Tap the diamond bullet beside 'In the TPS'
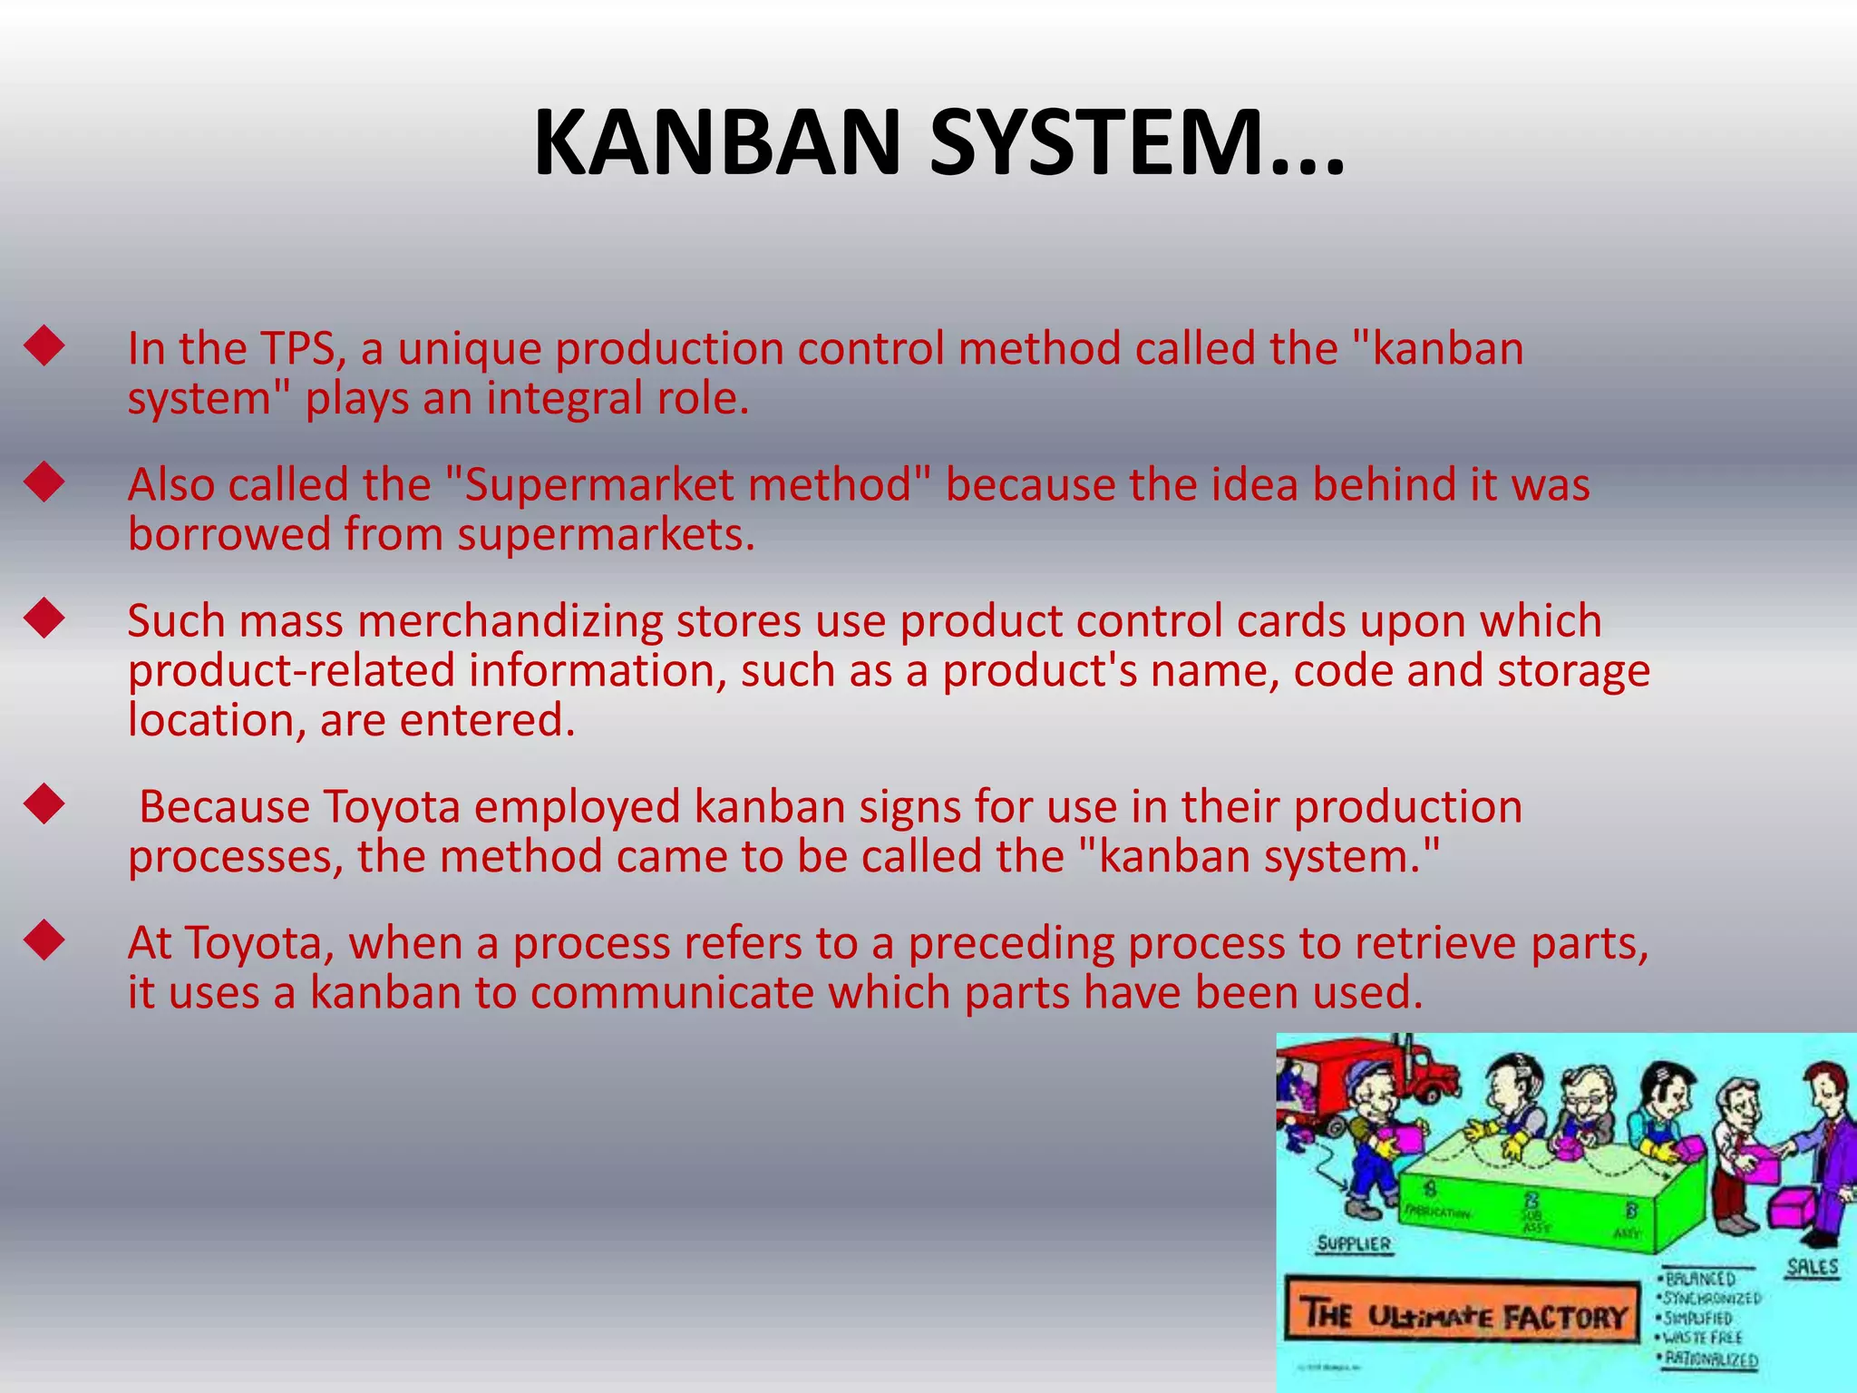coord(44,347)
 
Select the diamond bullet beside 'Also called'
coord(44,483)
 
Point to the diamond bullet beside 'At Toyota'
coord(44,941)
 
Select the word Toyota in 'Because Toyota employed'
coord(392,807)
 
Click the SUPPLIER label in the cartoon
coord(1354,1243)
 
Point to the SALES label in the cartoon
coord(1812,1267)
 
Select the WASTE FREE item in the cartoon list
coord(1703,1338)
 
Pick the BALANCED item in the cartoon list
coord(1701,1279)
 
